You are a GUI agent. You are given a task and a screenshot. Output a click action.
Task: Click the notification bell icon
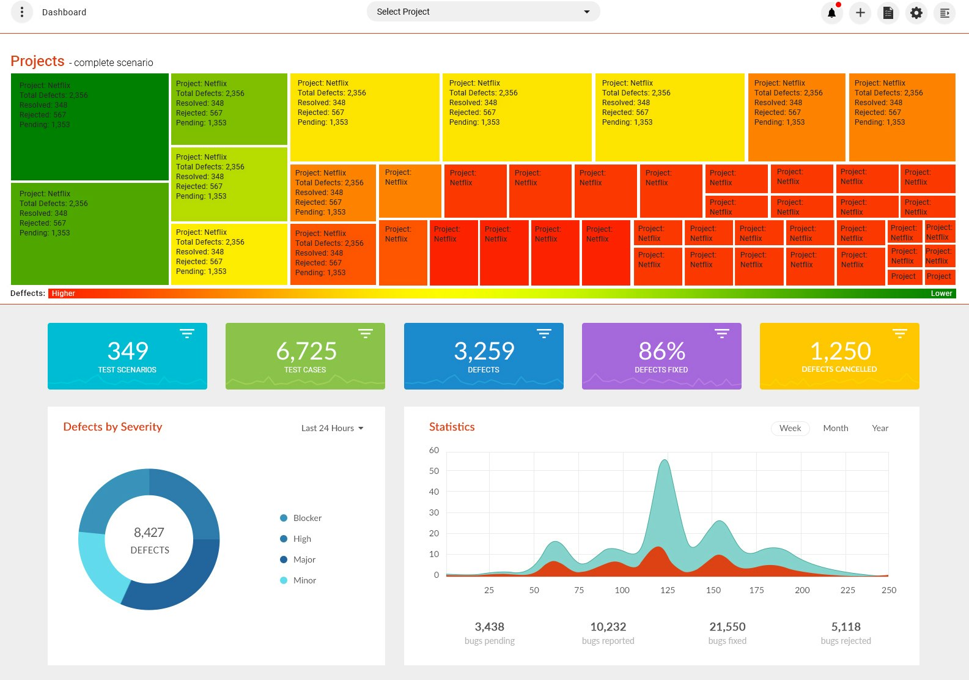click(831, 13)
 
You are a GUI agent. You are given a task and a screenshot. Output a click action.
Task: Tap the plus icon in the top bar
click(860, 13)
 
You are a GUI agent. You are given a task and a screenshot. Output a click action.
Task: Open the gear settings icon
click(916, 13)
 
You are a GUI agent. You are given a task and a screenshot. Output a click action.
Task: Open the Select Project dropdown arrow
click(587, 12)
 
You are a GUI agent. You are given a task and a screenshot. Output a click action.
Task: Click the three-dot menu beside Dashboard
click(22, 12)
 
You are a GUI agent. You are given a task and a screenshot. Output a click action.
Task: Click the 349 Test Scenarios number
click(128, 351)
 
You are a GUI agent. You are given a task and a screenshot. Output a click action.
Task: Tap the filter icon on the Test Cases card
click(366, 333)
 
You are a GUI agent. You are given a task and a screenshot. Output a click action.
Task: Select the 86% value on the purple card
click(661, 351)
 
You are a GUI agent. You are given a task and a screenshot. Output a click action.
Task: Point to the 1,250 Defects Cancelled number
click(840, 351)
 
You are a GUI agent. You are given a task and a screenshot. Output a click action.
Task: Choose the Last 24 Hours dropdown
click(332, 428)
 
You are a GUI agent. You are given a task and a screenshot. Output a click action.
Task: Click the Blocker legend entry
click(307, 518)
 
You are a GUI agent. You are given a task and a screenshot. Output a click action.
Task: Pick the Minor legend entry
click(304, 580)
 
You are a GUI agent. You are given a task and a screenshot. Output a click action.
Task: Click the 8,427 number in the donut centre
click(149, 533)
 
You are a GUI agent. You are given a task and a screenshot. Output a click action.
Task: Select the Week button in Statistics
click(790, 428)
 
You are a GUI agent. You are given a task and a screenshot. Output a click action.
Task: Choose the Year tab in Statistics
click(880, 428)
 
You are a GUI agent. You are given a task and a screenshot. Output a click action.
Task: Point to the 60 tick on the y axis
click(434, 450)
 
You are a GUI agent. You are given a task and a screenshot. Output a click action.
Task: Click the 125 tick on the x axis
click(668, 590)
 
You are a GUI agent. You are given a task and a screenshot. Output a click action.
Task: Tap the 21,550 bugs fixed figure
click(728, 627)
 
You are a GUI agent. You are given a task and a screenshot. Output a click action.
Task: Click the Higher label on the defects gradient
click(64, 294)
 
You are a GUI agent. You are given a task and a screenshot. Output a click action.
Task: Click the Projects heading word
click(37, 61)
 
